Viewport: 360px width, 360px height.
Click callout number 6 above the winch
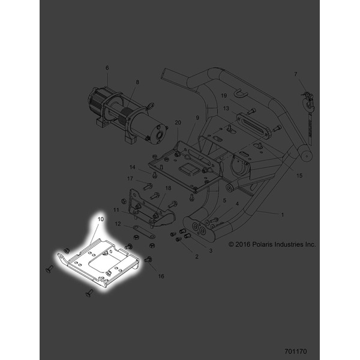point(107,68)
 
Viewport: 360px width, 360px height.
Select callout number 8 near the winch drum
point(137,82)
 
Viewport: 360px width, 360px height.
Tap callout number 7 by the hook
point(295,74)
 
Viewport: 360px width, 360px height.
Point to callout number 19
point(223,96)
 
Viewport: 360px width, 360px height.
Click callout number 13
point(226,109)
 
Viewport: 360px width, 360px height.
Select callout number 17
point(130,178)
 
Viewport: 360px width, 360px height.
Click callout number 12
point(118,224)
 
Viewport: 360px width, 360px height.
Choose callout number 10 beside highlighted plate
point(100,220)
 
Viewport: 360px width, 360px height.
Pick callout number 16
point(161,277)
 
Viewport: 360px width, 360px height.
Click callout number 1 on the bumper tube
point(283,214)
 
